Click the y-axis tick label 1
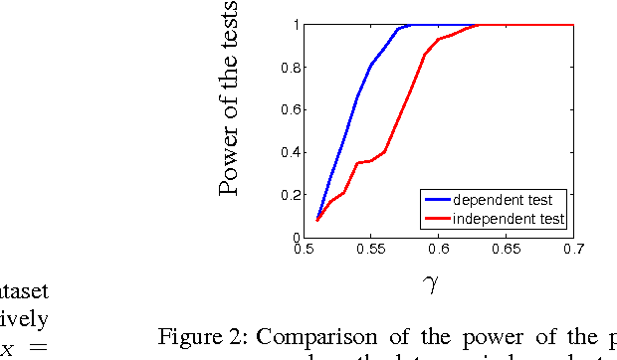point(295,25)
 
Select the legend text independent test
point(509,218)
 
